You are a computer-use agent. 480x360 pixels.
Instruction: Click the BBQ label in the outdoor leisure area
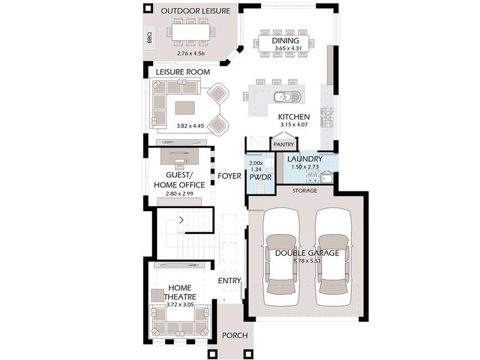[149, 38]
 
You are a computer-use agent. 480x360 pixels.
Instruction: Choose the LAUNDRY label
[305, 159]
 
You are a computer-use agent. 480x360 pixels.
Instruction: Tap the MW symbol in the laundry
[312, 175]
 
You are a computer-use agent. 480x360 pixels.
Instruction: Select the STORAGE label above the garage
[305, 191]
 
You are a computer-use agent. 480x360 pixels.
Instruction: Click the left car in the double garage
[281, 252]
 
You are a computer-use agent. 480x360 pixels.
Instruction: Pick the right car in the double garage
[332, 252]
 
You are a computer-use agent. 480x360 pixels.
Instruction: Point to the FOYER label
[229, 176]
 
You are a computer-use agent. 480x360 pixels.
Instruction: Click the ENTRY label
[229, 280]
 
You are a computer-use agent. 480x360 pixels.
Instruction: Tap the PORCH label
[235, 335]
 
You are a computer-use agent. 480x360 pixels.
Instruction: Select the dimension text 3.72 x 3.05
[180, 305]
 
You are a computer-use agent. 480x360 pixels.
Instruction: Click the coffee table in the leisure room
[186, 107]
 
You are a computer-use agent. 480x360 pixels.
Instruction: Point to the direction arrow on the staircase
[181, 220]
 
